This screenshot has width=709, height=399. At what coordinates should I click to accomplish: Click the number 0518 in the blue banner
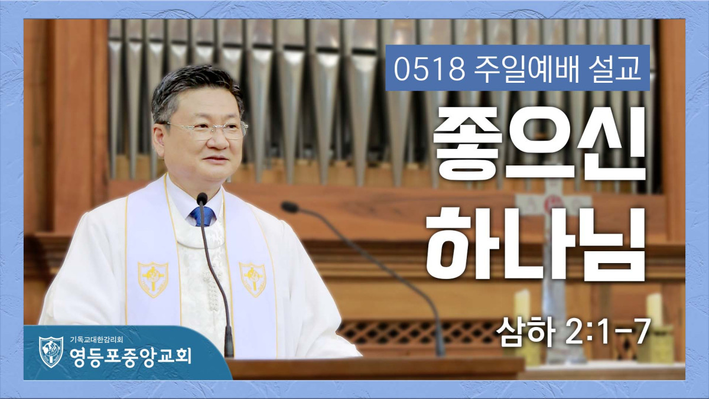[430, 69]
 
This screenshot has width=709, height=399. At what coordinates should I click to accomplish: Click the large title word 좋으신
[539, 143]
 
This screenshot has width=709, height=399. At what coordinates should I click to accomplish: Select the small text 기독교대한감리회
[96, 340]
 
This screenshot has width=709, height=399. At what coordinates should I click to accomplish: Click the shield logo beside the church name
[51, 352]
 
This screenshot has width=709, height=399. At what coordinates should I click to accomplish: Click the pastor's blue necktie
[202, 216]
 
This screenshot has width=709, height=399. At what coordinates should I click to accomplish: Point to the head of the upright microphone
[201, 199]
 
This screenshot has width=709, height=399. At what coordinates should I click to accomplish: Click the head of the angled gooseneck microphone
[290, 207]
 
